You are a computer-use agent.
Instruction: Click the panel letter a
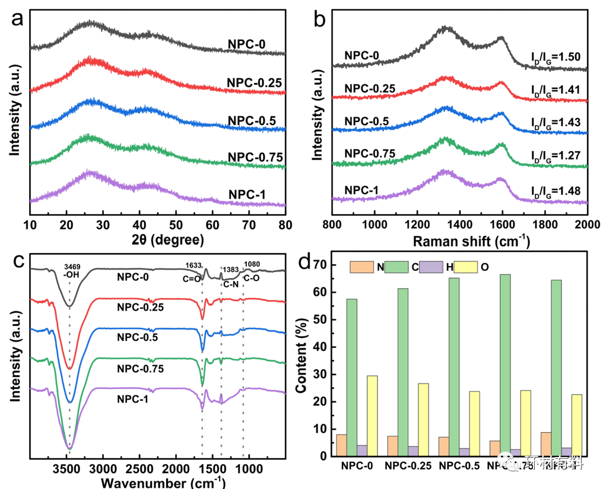(18, 18)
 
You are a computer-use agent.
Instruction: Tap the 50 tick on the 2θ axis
(176, 225)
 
